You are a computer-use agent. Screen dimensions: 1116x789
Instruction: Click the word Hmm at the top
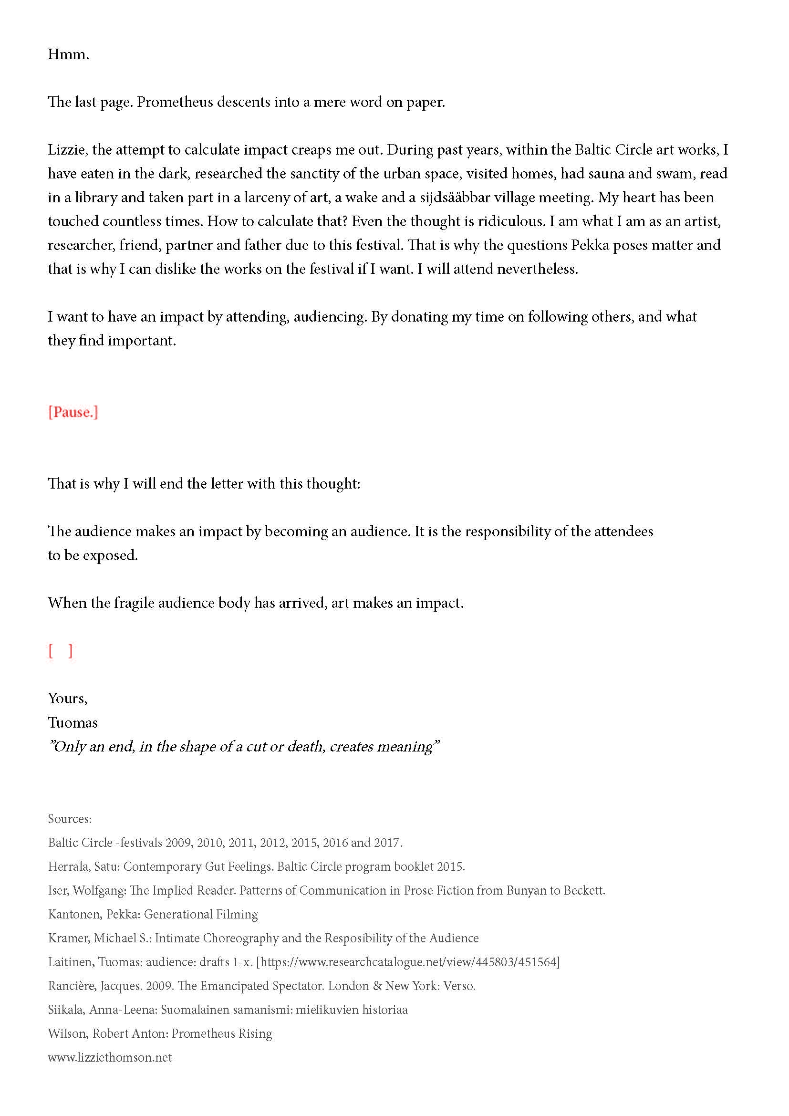(67, 54)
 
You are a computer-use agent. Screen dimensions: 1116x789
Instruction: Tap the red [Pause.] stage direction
(73, 412)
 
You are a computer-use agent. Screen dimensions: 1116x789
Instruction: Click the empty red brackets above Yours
(60, 651)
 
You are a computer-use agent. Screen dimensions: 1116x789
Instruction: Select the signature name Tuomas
(73, 723)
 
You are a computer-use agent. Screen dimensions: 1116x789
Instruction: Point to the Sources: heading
(70, 819)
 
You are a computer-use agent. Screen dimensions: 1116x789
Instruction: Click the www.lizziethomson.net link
(110, 1057)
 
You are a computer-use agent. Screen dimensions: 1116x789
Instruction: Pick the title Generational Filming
(201, 914)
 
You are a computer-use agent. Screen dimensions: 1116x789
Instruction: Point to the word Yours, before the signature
(67, 699)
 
